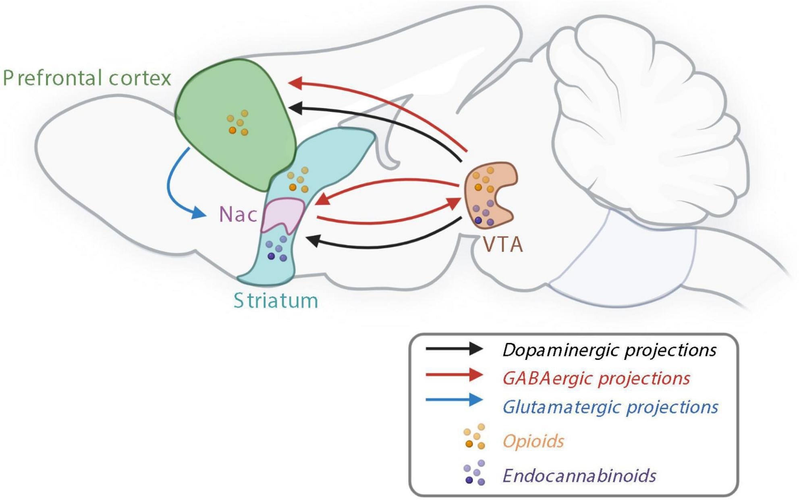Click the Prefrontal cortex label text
(87, 78)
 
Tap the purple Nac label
(238, 215)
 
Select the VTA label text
(503, 244)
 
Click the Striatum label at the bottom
(276, 301)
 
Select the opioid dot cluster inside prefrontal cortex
(238, 123)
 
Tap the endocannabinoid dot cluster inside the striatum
(276, 249)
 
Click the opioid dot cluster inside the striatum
(298, 180)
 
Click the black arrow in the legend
(454, 349)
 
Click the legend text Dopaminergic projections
(609, 350)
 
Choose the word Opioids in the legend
(533, 441)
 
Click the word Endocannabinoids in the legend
(579, 476)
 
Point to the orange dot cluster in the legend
(475, 436)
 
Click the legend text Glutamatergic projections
(610, 407)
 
